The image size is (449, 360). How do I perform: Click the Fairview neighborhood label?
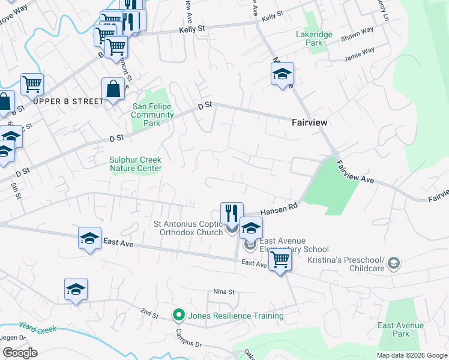[309, 122]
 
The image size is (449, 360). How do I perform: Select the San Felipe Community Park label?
[152, 115]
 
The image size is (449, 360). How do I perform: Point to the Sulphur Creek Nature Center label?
[135, 164]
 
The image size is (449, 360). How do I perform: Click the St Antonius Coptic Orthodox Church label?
[188, 228]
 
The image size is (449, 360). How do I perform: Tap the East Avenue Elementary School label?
[294, 249]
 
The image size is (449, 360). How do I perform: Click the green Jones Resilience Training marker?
[178, 315]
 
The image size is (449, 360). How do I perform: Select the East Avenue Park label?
[401, 329]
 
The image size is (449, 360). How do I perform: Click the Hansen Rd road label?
[280, 208]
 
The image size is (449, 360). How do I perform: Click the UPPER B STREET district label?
[68, 101]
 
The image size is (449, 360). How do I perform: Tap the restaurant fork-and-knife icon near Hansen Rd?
[232, 213]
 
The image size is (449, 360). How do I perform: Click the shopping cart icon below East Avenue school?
[280, 260]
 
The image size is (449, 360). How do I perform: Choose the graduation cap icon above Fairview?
[282, 74]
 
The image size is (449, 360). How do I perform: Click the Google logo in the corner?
[20, 353]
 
